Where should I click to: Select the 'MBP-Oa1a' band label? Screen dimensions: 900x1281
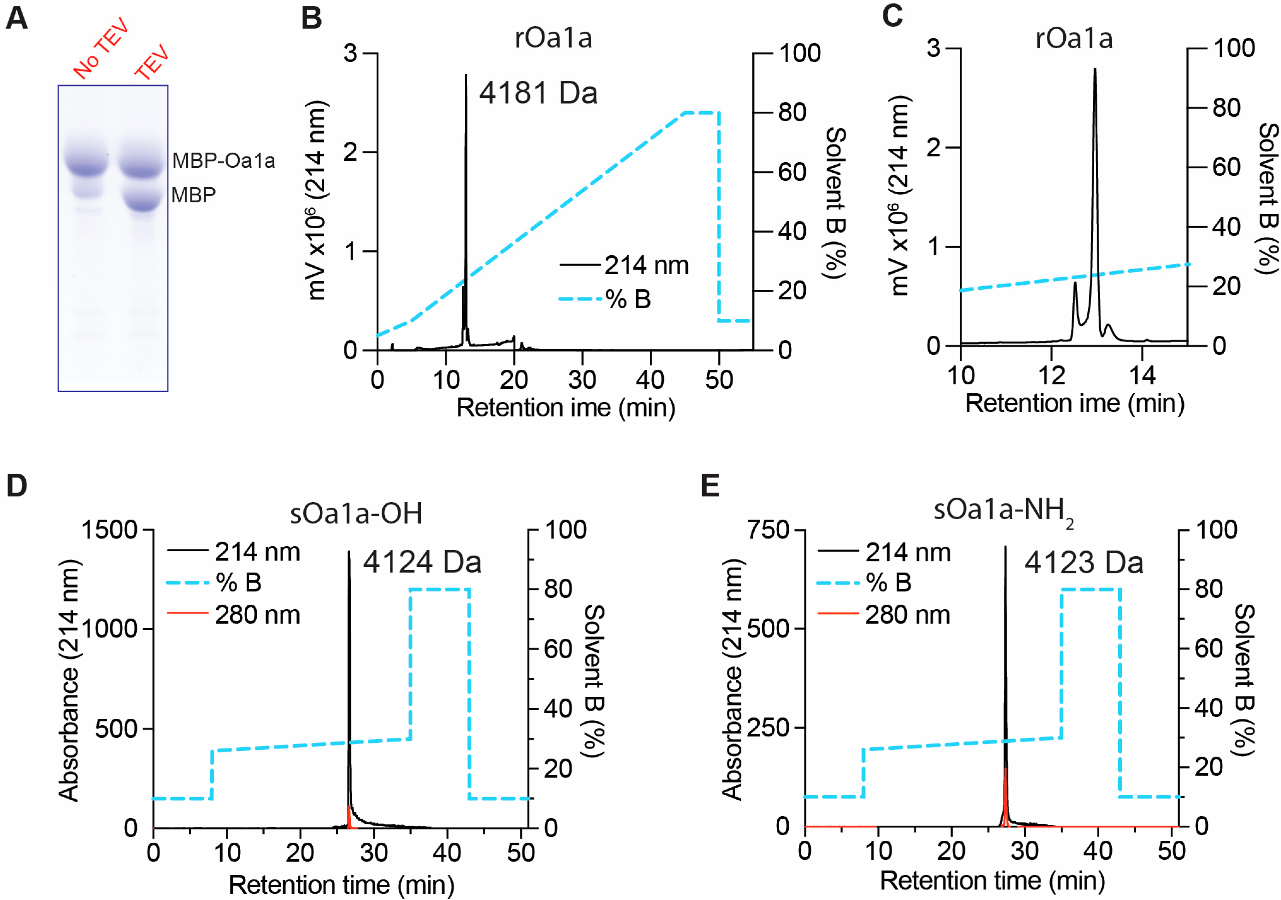tap(223, 160)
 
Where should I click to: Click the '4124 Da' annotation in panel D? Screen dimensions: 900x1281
tap(422, 562)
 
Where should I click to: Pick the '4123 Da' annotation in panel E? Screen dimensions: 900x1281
tap(1084, 562)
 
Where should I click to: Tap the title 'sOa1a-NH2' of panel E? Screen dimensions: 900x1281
tap(1003, 510)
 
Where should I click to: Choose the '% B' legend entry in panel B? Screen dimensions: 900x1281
tap(628, 299)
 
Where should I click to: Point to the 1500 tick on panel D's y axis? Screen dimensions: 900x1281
tap(109, 530)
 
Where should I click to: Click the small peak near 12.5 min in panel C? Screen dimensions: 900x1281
tap(1075, 284)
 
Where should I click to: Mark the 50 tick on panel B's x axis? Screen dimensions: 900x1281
tap(719, 380)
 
